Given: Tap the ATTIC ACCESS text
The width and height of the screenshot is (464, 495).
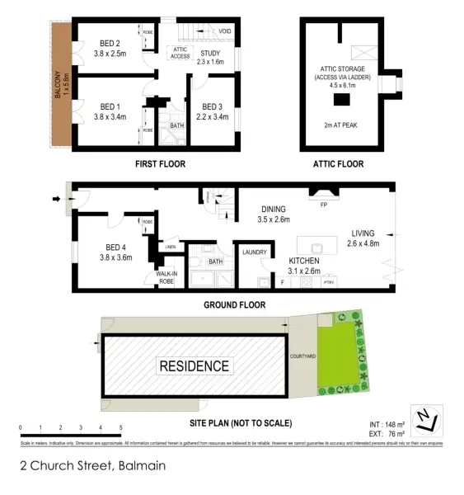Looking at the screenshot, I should coord(180,52).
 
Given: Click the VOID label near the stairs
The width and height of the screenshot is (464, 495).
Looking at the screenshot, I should coord(224,31).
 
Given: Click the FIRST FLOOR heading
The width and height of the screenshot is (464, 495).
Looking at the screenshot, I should coord(160,164).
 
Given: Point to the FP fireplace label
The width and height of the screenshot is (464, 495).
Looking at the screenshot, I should coord(323,204).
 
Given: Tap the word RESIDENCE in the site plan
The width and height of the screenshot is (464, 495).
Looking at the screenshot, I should coord(195,365).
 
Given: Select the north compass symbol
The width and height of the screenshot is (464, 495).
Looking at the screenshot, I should coord(425,420).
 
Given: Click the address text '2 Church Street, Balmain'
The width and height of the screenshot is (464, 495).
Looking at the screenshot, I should coord(93,465).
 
